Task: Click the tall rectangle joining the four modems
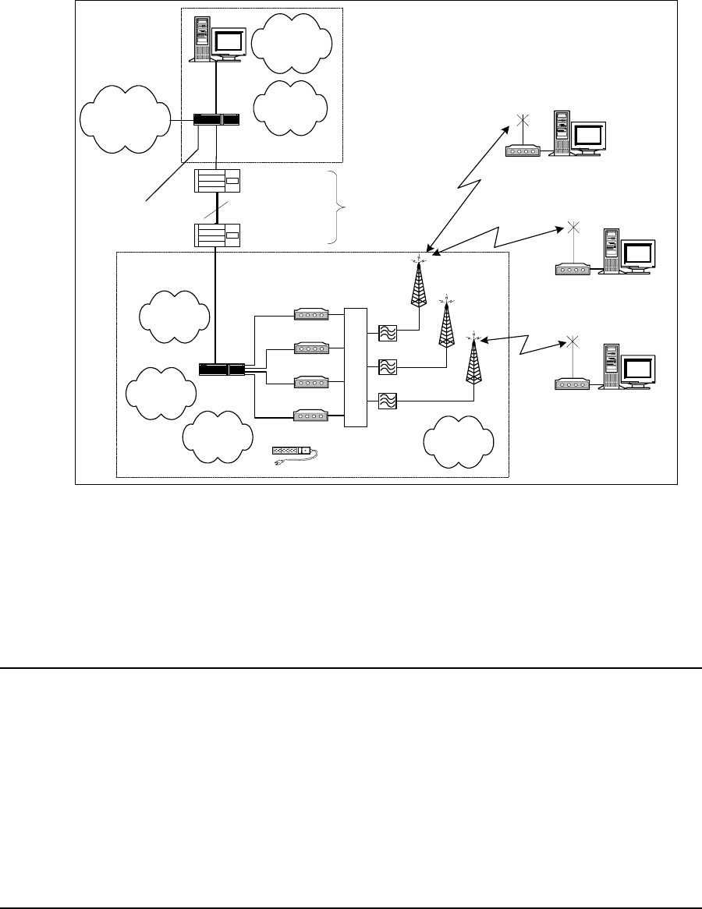355,367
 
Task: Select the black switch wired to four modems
222,369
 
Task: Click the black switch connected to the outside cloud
216,119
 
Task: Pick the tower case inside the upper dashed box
202,39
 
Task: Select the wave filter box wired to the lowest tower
388,401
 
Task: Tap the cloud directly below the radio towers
459,441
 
